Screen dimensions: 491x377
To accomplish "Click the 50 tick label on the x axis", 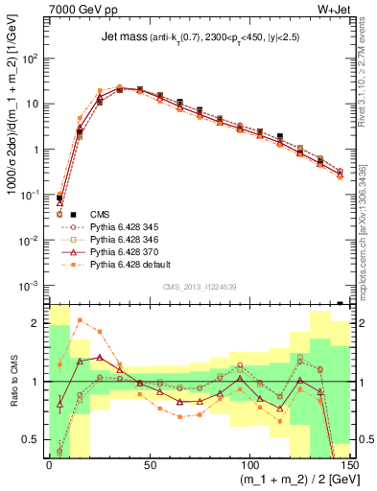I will pyautogui.click(x=149, y=465).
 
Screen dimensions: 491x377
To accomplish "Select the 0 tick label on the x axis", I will pyautogui.click(x=49, y=465).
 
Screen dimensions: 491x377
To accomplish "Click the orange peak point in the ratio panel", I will pyautogui.click(x=80, y=320).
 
